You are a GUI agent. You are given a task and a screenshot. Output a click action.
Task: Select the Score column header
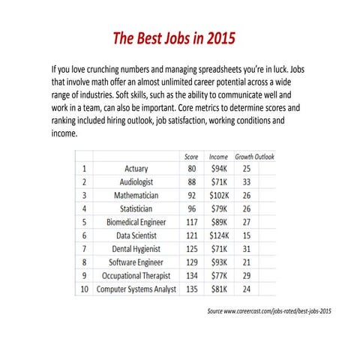point(191,156)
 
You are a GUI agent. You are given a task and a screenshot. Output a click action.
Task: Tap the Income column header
point(218,156)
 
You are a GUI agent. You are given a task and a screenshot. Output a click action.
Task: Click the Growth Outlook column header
point(255,156)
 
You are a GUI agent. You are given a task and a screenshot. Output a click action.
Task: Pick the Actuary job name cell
point(136,169)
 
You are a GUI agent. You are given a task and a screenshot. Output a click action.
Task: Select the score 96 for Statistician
point(191,208)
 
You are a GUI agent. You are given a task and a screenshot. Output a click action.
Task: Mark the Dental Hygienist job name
point(136,248)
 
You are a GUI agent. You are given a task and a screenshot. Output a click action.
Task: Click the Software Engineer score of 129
point(191,262)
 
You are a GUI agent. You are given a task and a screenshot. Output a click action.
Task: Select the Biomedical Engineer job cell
point(136,222)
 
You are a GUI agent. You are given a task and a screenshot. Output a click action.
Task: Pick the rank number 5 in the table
point(85,222)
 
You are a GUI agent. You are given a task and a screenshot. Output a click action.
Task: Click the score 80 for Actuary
point(191,169)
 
